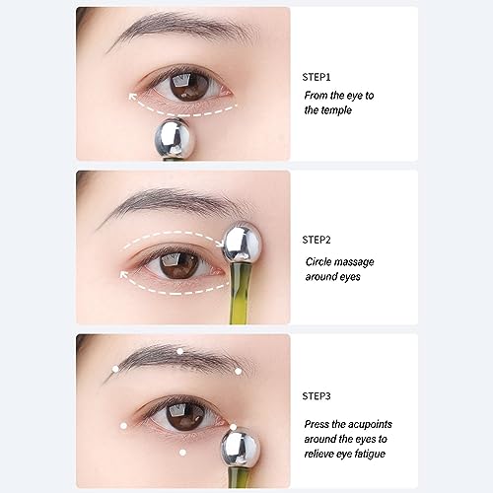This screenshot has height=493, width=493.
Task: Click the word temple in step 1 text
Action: [x=324, y=110]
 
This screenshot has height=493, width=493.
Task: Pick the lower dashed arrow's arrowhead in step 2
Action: [x=123, y=277]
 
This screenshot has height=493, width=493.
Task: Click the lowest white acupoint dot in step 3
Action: [x=183, y=453]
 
